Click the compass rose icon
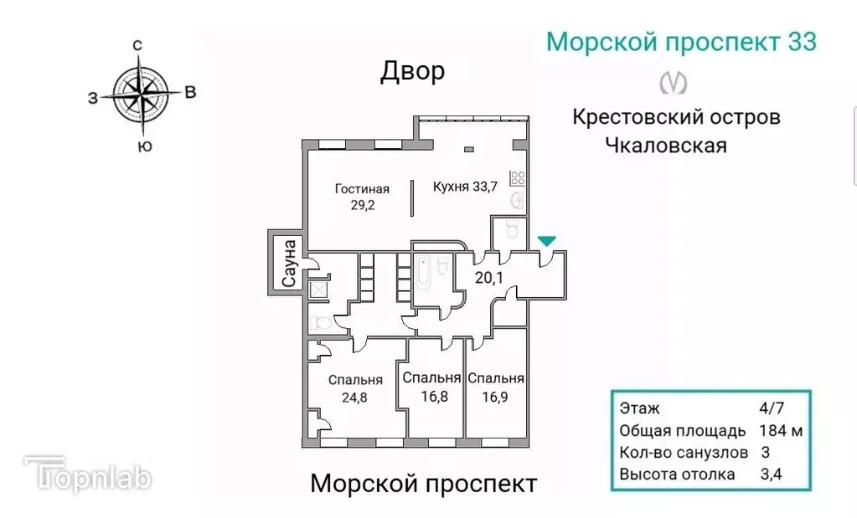(140, 93)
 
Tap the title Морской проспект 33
(680, 42)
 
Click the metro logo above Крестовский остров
(674, 83)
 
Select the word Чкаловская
(665, 145)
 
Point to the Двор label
(412, 72)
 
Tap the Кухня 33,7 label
(465, 187)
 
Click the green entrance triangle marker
(546, 242)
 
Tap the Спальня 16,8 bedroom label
(432, 387)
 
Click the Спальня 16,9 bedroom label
(496, 387)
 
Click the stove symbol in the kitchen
(518, 177)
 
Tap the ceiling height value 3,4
(770, 474)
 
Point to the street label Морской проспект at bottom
(423, 484)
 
